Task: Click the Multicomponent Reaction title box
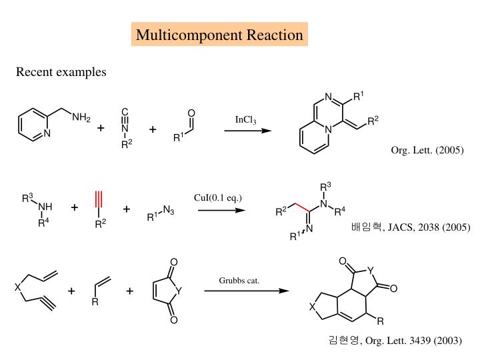219,35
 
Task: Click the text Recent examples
61,72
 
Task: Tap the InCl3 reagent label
246,119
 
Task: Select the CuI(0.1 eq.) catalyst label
218,197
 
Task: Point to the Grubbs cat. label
239,279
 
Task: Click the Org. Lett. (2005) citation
427,150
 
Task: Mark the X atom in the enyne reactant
18,288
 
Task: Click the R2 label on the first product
373,120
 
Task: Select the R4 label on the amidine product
339,211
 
